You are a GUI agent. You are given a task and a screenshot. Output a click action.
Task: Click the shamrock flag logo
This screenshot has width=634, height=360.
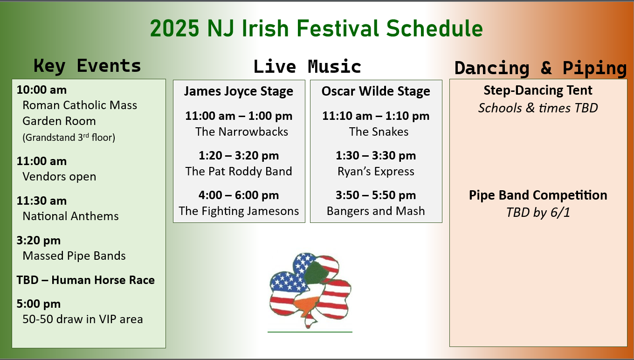click(310, 291)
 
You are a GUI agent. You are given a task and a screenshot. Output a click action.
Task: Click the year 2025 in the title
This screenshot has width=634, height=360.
click(175, 28)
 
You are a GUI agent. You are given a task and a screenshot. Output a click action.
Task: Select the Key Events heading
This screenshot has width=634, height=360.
click(87, 66)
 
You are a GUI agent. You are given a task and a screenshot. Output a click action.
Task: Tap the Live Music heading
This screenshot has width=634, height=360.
click(307, 67)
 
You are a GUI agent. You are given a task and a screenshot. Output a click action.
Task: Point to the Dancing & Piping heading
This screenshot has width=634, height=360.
click(540, 68)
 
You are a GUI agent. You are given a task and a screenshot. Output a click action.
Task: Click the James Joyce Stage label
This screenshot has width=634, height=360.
click(239, 91)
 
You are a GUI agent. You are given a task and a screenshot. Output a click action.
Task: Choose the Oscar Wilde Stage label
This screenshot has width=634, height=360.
click(376, 91)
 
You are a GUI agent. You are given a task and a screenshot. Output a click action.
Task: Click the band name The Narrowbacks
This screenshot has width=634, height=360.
click(241, 132)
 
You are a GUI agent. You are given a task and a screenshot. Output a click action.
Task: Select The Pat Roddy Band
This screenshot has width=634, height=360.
click(239, 171)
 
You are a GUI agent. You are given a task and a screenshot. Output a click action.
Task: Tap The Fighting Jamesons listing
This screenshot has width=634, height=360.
click(239, 211)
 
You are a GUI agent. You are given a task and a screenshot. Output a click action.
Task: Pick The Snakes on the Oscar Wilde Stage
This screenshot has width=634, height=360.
click(379, 132)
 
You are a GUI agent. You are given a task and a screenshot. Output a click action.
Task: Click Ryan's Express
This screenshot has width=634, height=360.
click(376, 171)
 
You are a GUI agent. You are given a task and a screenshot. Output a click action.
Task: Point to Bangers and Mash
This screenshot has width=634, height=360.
click(376, 211)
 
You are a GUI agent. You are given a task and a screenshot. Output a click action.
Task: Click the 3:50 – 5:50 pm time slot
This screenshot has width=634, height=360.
click(376, 195)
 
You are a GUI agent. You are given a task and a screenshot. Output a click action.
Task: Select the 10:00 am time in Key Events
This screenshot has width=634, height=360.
click(41, 90)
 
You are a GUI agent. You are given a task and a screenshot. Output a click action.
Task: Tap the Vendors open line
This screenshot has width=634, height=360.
click(59, 176)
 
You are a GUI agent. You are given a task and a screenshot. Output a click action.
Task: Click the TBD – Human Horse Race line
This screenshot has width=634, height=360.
click(85, 280)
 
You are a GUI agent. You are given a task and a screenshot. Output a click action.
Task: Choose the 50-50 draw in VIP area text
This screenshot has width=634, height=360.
click(83, 319)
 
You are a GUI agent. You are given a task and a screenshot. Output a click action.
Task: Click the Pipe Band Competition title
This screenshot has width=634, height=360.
click(538, 195)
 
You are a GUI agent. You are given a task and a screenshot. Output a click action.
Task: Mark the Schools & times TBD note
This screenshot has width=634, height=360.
click(538, 108)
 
